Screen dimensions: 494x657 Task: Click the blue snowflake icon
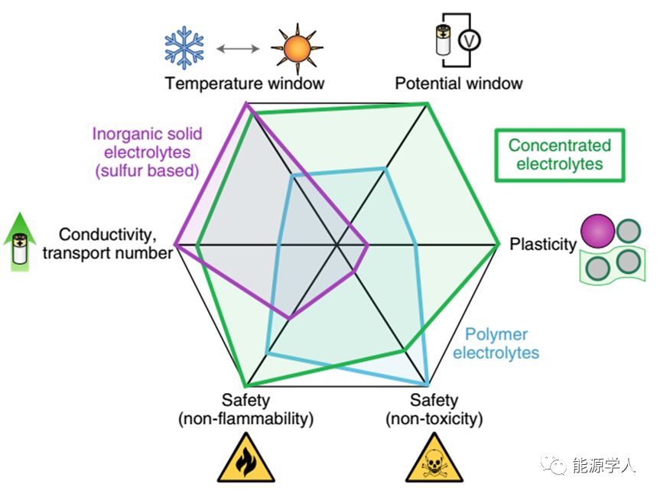[185, 47]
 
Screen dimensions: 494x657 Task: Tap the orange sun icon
[292, 48]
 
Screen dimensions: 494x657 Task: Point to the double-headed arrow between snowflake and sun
[238, 48]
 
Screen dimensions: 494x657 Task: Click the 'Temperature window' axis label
[245, 83]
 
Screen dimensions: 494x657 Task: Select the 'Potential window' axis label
[459, 83]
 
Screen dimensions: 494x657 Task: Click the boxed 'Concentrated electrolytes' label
[560, 154]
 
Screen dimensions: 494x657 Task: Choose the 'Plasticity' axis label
[542, 245]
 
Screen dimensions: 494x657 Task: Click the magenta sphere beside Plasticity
[597, 231]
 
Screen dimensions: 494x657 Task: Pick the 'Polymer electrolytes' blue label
[496, 344]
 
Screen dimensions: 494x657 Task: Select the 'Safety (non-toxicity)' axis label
[434, 409]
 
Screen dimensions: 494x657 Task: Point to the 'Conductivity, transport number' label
[107, 243]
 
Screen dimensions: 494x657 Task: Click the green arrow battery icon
[21, 243]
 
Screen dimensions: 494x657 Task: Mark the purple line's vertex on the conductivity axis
[175, 245]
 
